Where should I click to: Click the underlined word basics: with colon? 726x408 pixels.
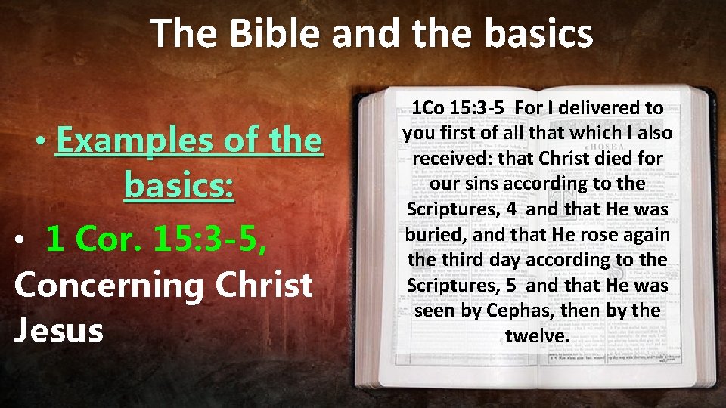[x=180, y=185]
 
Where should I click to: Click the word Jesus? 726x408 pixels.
[x=58, y=330]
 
